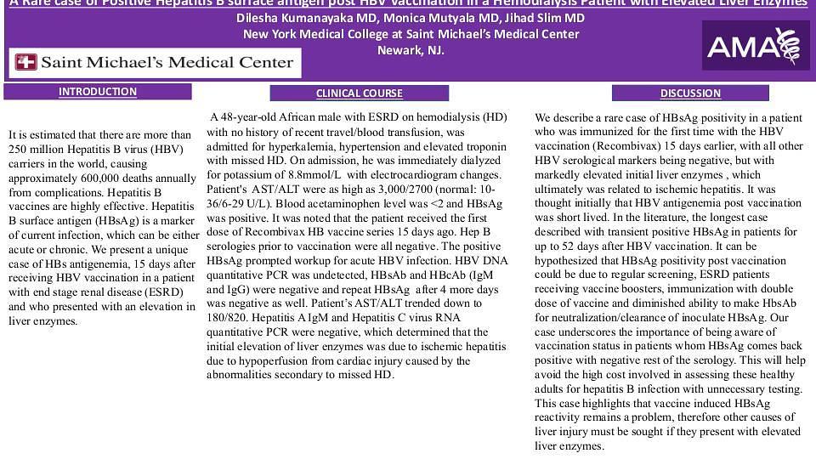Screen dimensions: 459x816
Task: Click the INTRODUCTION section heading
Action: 98,92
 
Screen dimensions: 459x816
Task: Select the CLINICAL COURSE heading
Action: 359,93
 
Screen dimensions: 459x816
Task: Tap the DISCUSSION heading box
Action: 690,93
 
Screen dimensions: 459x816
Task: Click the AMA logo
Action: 756,45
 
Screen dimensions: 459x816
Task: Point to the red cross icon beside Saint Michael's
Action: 26,62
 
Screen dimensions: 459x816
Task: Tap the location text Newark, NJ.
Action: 411,50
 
